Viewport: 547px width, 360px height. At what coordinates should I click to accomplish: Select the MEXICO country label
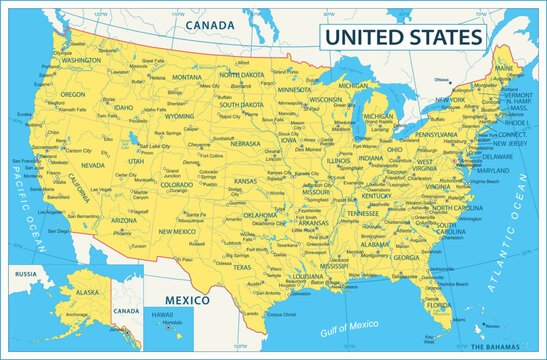186,300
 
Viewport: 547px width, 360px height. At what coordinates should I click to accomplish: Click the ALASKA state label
88,292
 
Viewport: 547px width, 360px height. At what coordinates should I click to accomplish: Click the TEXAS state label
242,267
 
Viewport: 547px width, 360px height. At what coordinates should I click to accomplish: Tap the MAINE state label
503,68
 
